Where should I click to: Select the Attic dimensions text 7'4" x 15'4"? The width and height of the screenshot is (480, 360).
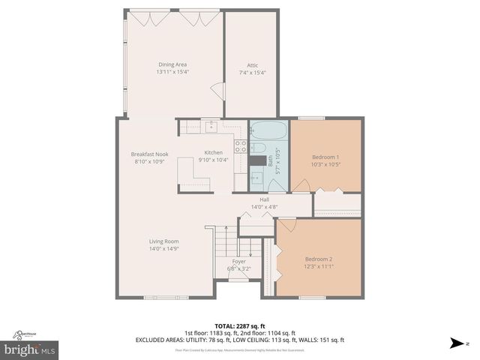(253, 73)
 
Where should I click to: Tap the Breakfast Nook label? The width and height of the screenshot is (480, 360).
(149, 154)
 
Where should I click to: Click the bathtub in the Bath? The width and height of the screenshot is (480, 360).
(268, 130)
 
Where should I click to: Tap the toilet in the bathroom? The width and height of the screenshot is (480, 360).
(256, 148)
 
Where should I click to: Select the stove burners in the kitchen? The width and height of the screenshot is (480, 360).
(241, 147)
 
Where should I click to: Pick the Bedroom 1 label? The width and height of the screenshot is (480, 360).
(325, 157)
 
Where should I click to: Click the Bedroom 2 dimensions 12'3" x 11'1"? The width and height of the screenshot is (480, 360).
(319, 265)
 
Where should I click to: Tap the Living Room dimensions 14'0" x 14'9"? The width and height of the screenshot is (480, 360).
(163, 248)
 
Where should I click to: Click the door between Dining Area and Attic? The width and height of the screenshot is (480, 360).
(218, 91)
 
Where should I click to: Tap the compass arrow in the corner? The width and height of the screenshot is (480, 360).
(456, 343)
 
